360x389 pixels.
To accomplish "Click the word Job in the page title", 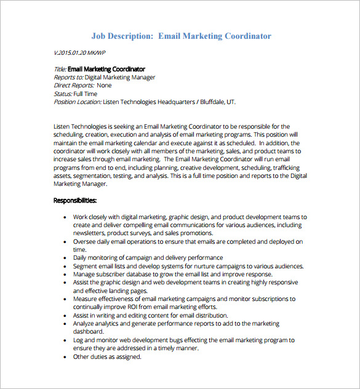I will [100, 36].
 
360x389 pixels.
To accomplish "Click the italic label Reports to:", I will [68, 78].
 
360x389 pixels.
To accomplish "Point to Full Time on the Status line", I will [87, 94].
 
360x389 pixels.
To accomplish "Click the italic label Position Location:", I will [78, 102].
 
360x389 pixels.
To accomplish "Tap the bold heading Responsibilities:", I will [75, 201].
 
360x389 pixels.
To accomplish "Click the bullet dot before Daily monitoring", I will [65, 258].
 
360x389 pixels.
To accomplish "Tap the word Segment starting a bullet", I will [86, 266].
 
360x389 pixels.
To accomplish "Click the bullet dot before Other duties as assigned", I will [65, 356].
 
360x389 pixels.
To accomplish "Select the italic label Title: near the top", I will [60, 69].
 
